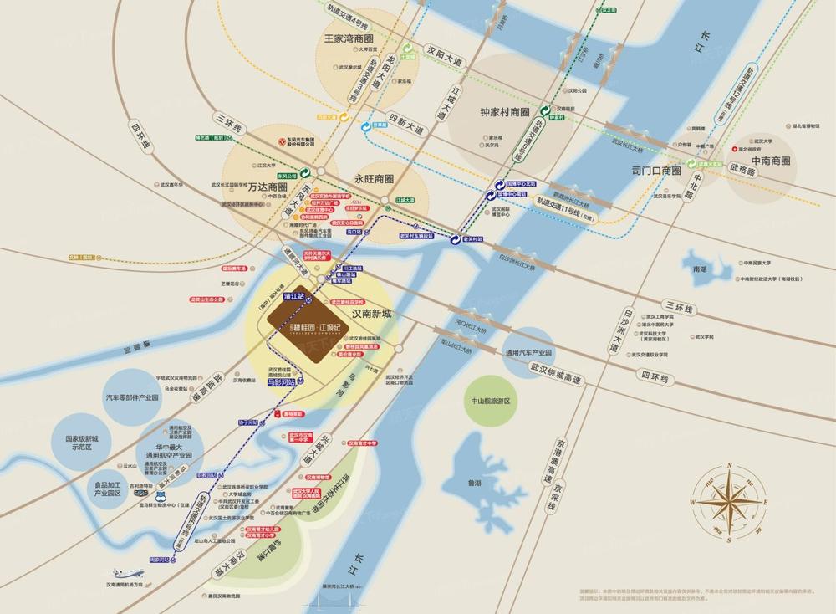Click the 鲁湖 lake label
pyautogui.click(x=475, y=482)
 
